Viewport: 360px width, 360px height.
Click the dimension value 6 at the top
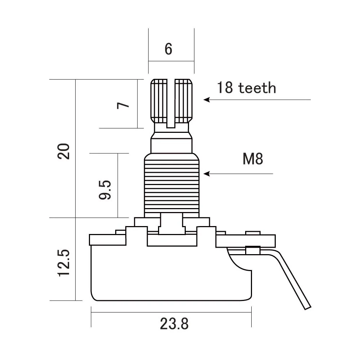[168, 49]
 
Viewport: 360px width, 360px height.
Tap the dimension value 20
[64, 151]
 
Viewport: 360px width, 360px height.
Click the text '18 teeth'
[246, 88]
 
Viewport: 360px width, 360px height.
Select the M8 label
[253, 159]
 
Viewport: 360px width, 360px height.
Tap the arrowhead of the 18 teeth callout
[206, 100]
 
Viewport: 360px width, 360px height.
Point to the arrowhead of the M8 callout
[206, 174]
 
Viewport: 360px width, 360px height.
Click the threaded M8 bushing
[171, 187]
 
